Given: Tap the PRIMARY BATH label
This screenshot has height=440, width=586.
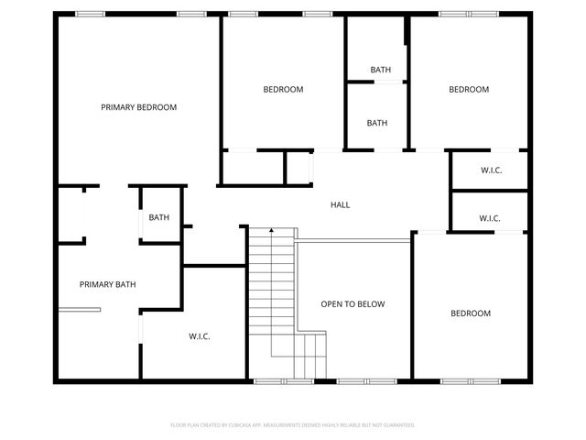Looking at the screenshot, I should (x=107, y=284).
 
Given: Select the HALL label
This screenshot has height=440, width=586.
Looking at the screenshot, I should (x=340, y=204).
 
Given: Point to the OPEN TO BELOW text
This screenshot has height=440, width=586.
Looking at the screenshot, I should (x=353, y=304).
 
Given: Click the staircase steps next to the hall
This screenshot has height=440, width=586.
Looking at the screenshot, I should (x=271, y=293).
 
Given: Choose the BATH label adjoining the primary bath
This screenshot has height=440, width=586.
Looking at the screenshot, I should (x=159, y=217).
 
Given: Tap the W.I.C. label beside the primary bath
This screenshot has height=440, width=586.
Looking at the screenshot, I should (x=200, y=336).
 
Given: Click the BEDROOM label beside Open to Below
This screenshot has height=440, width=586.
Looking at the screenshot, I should (x=470, y=313).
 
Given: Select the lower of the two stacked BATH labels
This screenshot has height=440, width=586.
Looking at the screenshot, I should (x=377, y=123).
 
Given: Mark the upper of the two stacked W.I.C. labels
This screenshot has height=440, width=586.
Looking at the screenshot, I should (x=491, y=170).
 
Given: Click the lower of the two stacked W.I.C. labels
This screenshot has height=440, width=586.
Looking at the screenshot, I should (x=489, y=218).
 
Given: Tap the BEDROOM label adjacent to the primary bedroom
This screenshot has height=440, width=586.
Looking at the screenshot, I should (x=283, y=89).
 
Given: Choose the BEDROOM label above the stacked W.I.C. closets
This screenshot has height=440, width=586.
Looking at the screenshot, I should (x=468, y=89).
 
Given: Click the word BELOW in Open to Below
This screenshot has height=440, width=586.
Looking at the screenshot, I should (x=369, y=304).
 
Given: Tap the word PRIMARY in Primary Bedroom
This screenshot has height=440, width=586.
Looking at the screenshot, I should (x=117, y=107).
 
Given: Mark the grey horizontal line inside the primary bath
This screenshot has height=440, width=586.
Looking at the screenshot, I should (x=79, y=310).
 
